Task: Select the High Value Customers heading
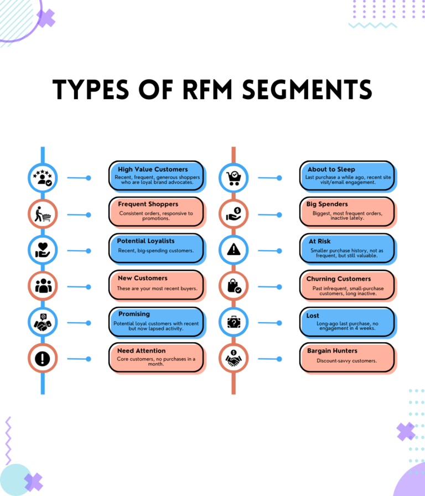tap(153, 169)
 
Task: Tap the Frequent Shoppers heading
tap(148, 204)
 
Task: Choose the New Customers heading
tap(142, 278)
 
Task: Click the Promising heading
tap(134, 314)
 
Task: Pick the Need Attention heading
tap(141, 350)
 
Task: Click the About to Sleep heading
tap(331, 169)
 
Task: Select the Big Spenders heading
tap(327, 204)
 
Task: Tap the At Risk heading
tap(320, 241)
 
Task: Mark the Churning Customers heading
tap(339, 278)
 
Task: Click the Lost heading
tap(313, 315)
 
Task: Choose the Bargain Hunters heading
tap(332, 350)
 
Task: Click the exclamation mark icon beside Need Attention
tap(43, 359)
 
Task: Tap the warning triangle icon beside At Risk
tap(233, 250)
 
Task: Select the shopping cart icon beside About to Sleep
tap(233, 178)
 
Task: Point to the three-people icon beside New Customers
tap(43, 286)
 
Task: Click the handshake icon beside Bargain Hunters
tap(233, 359)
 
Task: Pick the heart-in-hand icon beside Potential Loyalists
tap(43, 250)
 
